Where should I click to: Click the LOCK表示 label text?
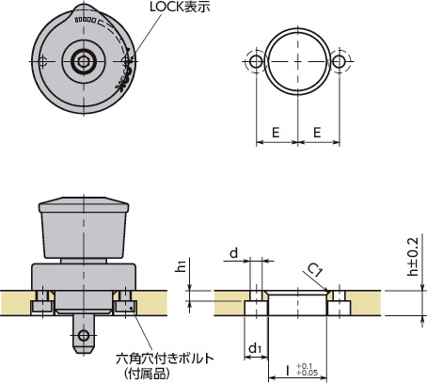[x=185, y=8]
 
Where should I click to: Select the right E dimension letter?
[x=320, y=134]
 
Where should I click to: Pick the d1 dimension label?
[x=255, y=349]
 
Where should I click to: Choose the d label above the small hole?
[x=234, y=253]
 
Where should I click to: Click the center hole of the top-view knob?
[x=85, y=62]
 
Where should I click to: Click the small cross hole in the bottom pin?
[x=85, y=334]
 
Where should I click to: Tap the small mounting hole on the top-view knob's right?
[x=128, y=62]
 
